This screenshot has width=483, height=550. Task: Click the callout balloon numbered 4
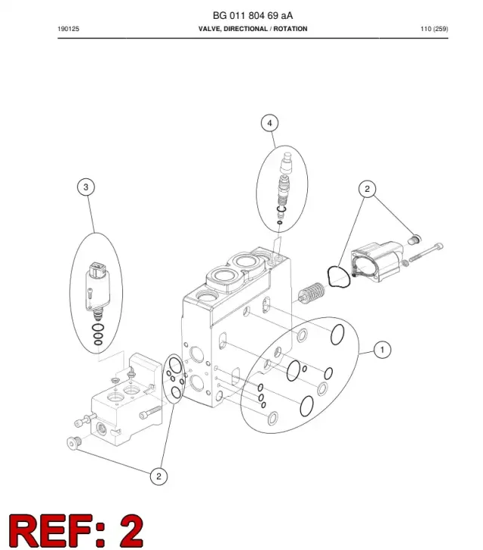269,123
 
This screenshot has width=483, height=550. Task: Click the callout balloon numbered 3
86,187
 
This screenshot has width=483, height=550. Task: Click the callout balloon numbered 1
382,350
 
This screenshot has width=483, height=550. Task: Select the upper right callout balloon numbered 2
367,189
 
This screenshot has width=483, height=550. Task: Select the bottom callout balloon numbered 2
158,476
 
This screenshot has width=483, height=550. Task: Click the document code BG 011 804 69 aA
253,15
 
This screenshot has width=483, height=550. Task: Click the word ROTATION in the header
291,29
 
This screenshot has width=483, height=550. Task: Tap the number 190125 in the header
69,29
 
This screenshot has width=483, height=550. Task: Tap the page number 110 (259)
434,29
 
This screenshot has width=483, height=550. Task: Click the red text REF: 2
76,530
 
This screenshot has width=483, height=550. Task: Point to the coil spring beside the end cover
312,292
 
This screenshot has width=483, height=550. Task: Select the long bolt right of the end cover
426,252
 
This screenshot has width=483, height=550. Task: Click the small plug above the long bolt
414,240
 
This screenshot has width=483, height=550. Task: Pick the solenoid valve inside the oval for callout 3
97,290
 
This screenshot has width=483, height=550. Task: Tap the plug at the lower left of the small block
74,443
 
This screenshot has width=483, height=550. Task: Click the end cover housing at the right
377,261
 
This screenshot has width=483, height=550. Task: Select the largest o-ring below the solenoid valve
98,328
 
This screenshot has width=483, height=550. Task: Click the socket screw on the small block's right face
150,412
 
